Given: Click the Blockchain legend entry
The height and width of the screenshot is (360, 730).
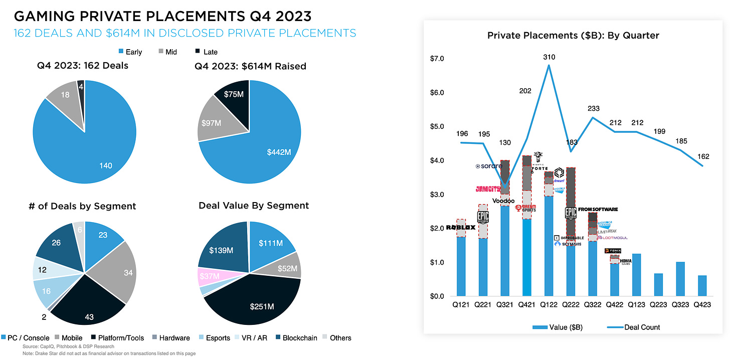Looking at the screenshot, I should [x=296, y=338].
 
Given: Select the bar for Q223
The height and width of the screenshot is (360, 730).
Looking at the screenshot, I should [x=658, y=285].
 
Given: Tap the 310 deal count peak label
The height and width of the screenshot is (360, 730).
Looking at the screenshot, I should [x=549, y=57].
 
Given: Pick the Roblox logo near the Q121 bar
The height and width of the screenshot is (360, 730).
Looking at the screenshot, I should [x=461, y=227].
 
